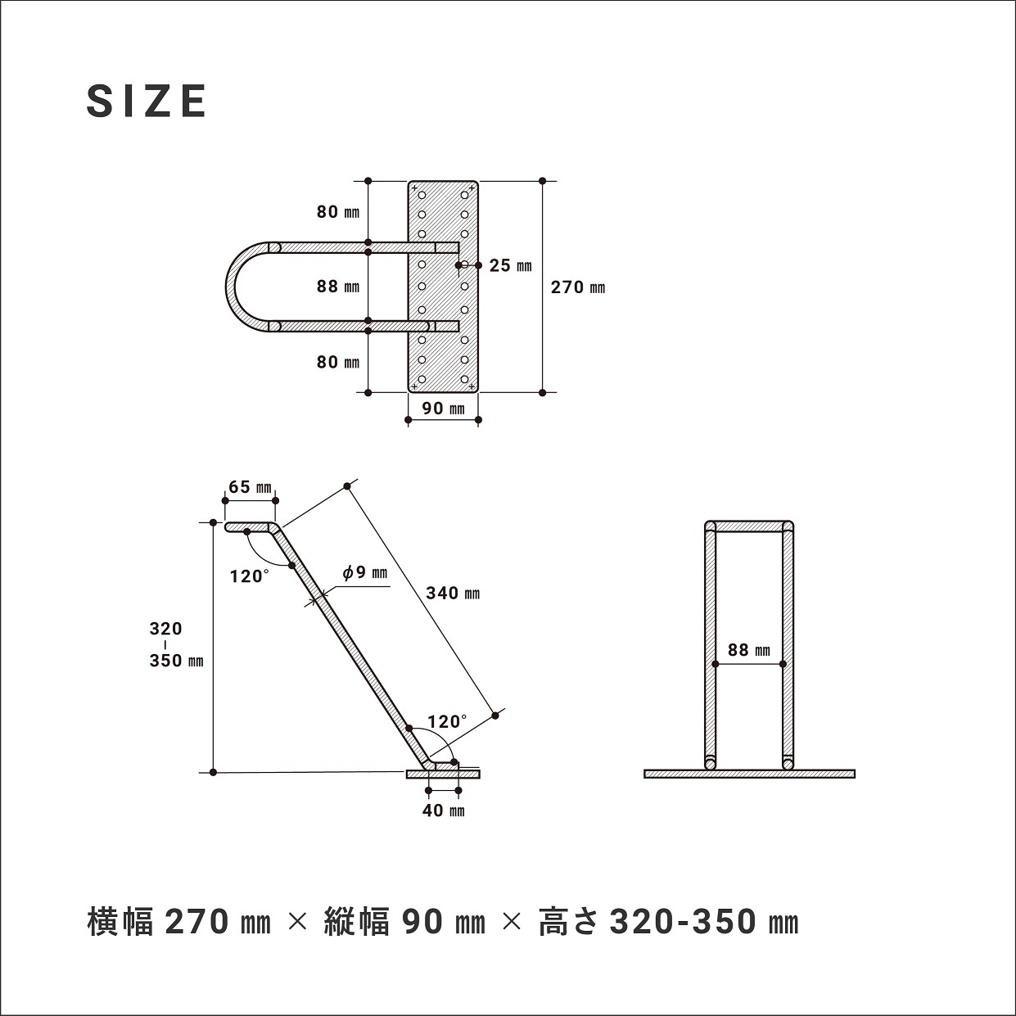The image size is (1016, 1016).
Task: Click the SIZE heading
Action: point(147,101)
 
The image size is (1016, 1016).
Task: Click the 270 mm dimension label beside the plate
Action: point(578,287)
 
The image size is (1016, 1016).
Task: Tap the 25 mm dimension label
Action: point(510,265)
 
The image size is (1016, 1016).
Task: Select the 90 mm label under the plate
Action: point(443,408)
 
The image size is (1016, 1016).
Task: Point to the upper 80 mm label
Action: point(338,213)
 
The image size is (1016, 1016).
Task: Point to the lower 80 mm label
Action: point(338,362)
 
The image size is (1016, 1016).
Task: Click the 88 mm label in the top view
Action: point(338,287)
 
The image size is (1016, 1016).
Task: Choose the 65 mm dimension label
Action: point(250,487)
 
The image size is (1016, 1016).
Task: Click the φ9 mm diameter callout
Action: point(364,573)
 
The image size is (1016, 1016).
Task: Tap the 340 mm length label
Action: point(453,593)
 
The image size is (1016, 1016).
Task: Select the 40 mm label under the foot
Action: point(443,811)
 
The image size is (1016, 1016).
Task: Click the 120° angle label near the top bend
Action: point(249,576)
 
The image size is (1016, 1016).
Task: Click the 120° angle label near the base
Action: point(447,722)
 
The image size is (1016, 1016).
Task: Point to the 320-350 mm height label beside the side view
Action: point(175,645)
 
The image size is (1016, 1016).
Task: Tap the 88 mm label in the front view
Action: point(749,650)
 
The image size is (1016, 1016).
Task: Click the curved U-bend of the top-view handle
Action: point(237,287)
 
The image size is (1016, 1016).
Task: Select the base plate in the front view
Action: point(749,774)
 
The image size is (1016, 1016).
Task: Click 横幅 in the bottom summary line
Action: point(121,923)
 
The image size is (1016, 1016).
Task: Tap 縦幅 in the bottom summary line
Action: point(356,923)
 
